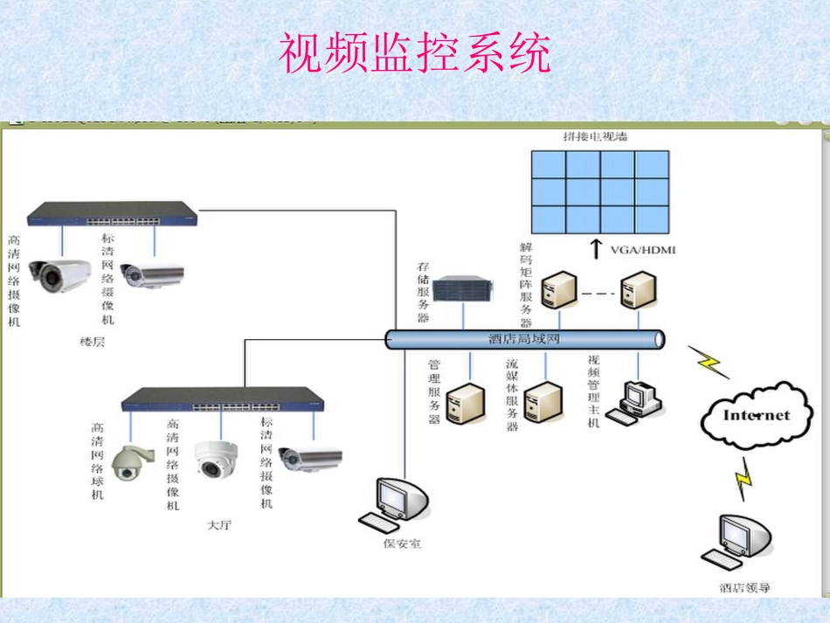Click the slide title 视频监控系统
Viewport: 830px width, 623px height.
[415, 53]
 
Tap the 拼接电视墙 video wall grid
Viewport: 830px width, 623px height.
[601, 190]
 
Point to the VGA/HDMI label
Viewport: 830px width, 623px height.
[643, 250]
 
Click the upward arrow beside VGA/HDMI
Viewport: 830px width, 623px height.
[596, 249]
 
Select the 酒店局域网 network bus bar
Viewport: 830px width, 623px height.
[524, 339]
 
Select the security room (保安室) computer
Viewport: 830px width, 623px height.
[398, 503]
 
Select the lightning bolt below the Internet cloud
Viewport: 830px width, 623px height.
[744, 480]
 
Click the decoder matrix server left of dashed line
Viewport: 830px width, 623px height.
[557, 290]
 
